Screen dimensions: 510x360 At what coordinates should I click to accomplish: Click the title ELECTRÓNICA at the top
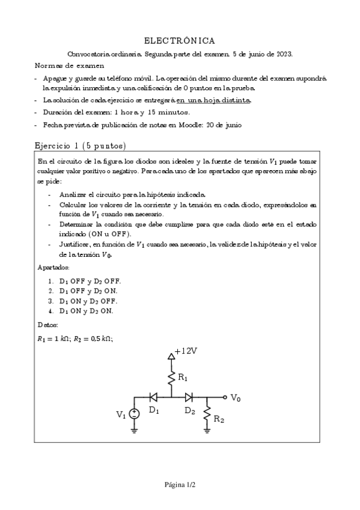pyautogui.click(x=180, y=40)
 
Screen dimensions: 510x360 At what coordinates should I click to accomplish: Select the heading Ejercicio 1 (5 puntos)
pyautogui.click(x=80, y=146)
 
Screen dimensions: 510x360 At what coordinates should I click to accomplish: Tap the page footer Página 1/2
pyautogui.click(x=180, y=484)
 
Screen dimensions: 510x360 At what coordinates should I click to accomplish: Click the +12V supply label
pyautogui.click(x=185, y=352)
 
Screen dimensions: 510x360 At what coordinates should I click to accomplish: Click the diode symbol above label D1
pyautogui.click(x=153, y=398)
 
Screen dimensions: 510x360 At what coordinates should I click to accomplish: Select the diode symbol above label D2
pyautogui.click(x=189, y=398)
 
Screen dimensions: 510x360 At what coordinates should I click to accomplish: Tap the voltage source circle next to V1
pyautogui.click(x=135, y=414)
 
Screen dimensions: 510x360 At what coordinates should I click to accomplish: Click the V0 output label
pyautogui.click(x=236, y=398)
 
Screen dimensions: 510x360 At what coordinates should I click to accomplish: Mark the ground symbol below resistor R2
pyautogui.click(x=207, y=431)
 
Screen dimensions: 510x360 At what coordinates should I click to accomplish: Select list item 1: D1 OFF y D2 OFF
pyautogui.click(x=84, y=281)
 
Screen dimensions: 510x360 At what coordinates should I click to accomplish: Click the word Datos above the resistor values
pyautogui.click(x=47, y=325)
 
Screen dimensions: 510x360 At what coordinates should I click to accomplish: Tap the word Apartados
pyautogui.click(x=53, y=266)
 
